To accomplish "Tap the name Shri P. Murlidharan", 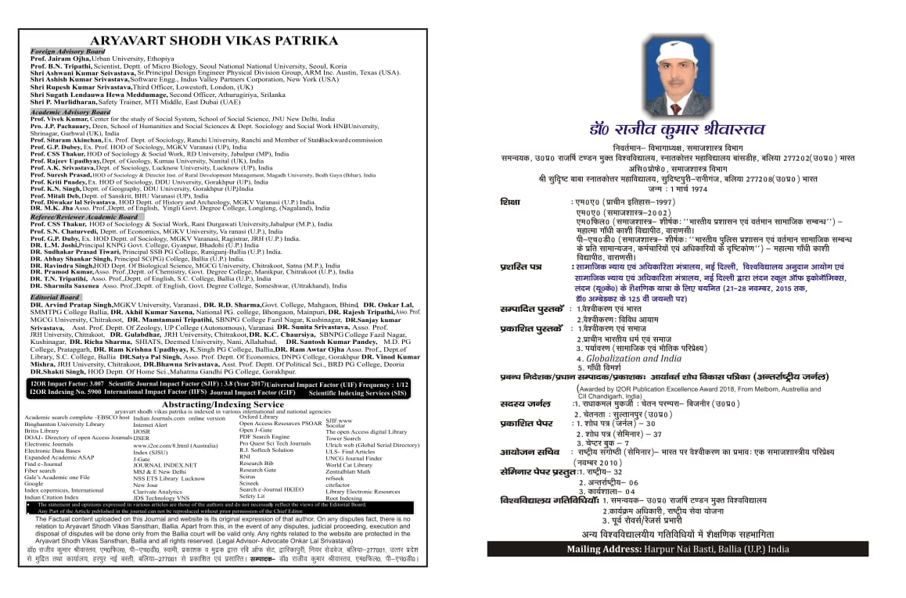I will (x=64, y=102).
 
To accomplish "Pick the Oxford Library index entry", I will (x=259, y=417).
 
